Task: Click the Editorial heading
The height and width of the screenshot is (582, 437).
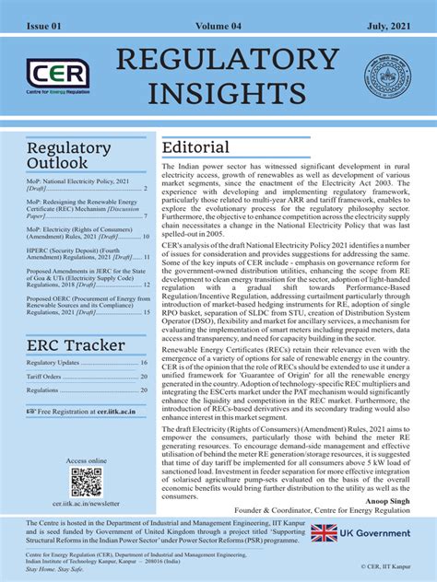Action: pos(195,148)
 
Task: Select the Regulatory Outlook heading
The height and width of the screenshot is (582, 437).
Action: pos(68,157)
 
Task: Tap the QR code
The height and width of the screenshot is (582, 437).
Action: pos(86,482)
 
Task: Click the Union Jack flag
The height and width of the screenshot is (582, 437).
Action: pos(324,531)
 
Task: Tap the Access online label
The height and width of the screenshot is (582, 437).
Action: pos(86,460)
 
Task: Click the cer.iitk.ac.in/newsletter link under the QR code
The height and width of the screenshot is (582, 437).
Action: pos(86,505)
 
